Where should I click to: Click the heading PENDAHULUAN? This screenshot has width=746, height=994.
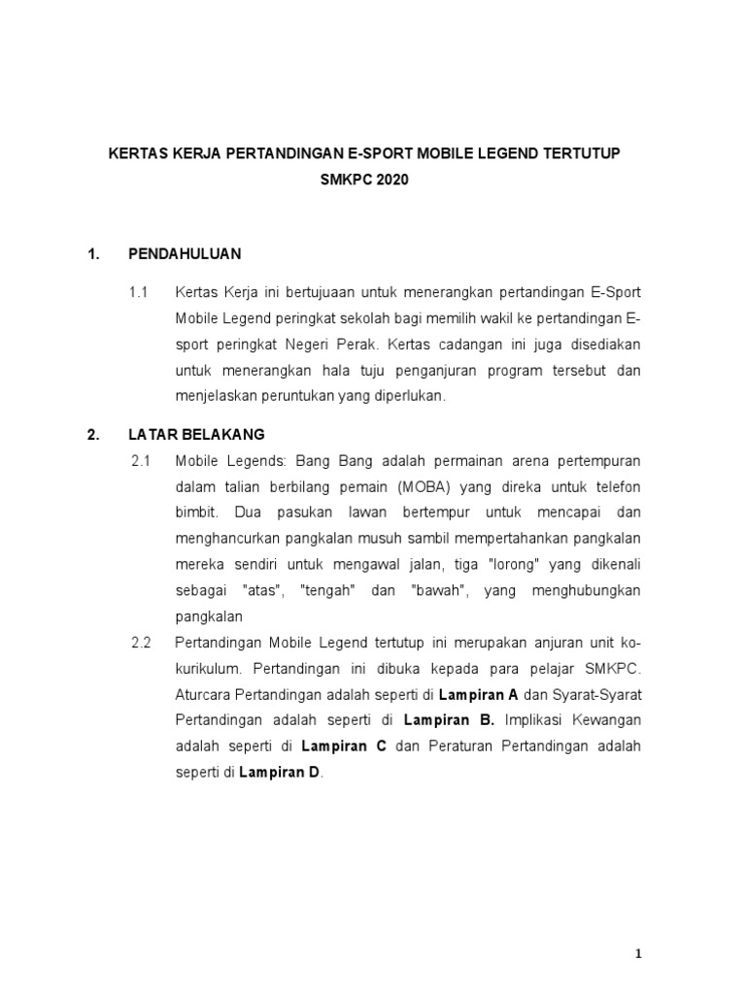click(x=185, y=254)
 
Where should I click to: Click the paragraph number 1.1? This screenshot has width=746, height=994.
click(x=138, y=291)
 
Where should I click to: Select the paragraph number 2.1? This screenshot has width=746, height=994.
click(x=141, y=459)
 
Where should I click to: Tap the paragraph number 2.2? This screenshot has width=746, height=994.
click(x=141, y=643)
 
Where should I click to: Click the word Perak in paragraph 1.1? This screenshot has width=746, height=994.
click(x=364, y=344)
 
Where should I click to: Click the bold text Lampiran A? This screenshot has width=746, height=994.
click(x=479, y=695)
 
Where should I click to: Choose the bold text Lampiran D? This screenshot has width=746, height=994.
click(x=280, y=774)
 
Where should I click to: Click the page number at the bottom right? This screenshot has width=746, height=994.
click(x=638, y=953)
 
